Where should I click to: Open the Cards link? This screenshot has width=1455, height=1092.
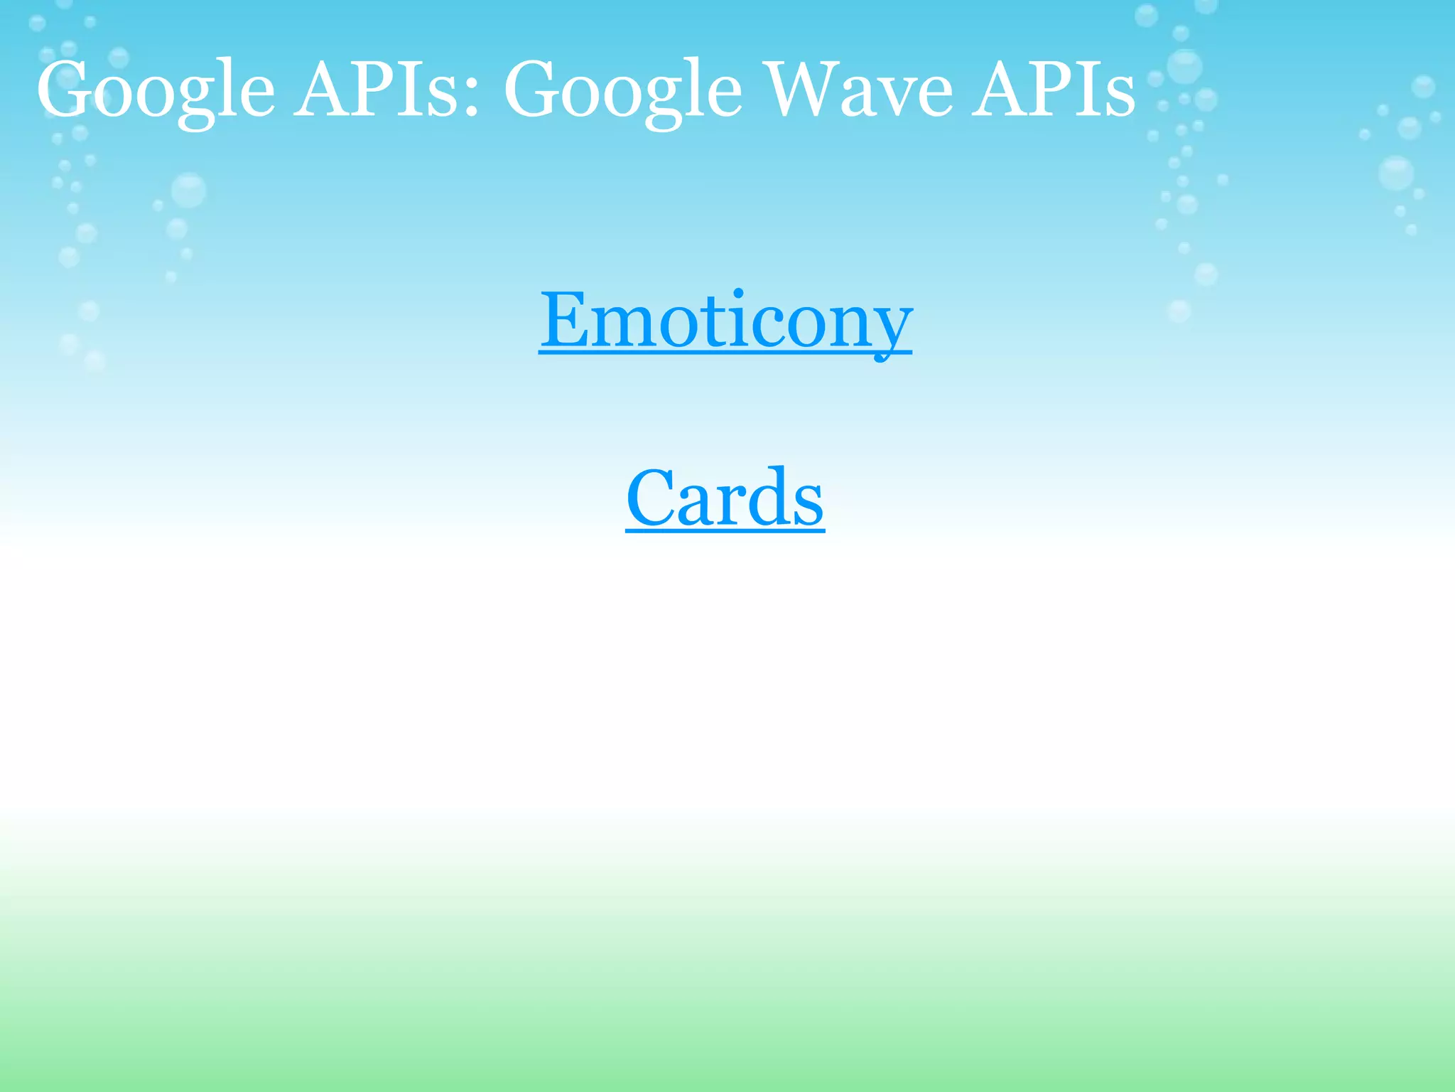click(x=725, y=498)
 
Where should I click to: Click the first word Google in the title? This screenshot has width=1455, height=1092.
click(x=156, y=91)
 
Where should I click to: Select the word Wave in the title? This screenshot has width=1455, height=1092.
click(x=860, y=91)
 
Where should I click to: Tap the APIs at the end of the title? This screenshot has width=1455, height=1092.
click(x=1054, y=91)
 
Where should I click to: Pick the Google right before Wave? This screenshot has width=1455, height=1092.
click(x=623, y=91)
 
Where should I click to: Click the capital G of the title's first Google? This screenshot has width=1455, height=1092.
click(x=67, y=91)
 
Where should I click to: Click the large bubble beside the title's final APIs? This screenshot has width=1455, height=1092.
click(x=1184, y=67)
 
